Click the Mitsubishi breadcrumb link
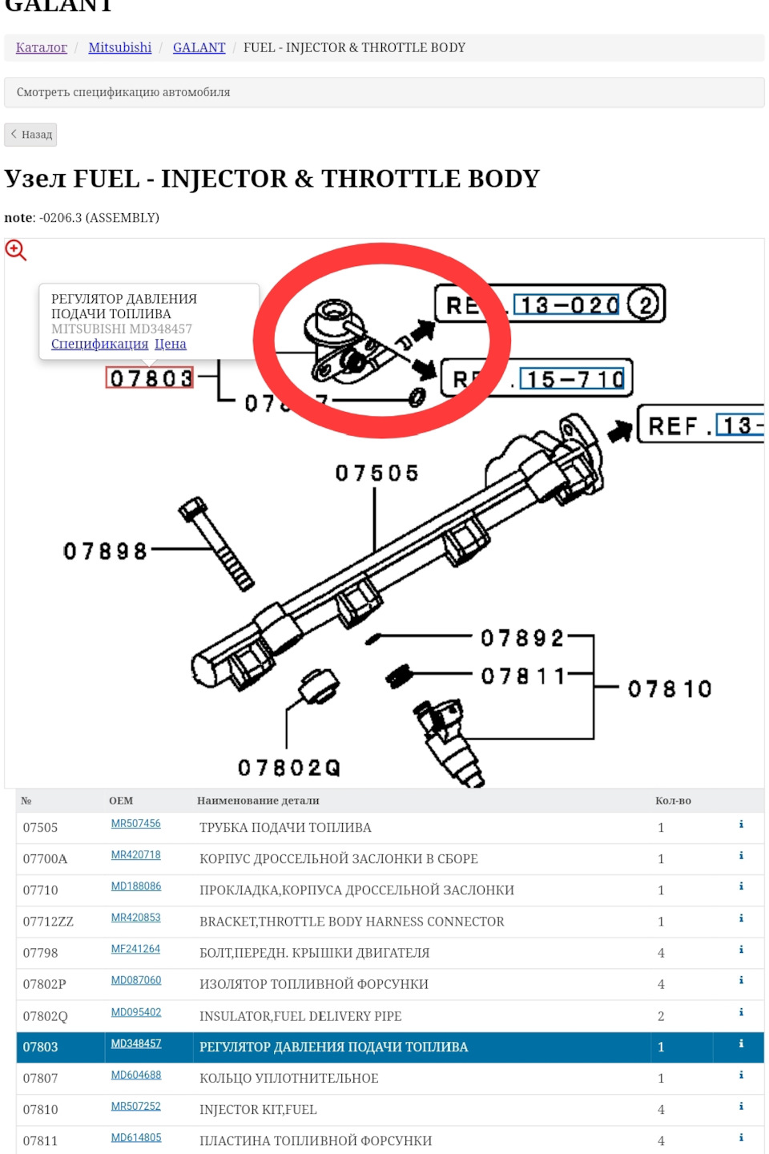(119, 47)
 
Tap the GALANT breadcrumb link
(199, 47)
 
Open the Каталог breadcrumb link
(41, 47)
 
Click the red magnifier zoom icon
(15, 250)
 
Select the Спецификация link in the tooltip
(99, 344)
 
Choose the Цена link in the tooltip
(170, 344)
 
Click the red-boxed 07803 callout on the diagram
(151, 377)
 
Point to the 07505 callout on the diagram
(376, 473)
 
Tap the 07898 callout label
(105, 551)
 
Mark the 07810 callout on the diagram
(670, 688)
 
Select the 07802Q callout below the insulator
(288, 768)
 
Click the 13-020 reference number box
(566, 305)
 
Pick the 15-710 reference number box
(572, 378)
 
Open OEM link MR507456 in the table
(135, 824)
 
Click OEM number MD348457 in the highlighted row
(135, 1043)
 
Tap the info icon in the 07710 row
(741, 886)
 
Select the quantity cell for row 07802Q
(661, 1016)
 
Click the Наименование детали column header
(258, 801)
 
